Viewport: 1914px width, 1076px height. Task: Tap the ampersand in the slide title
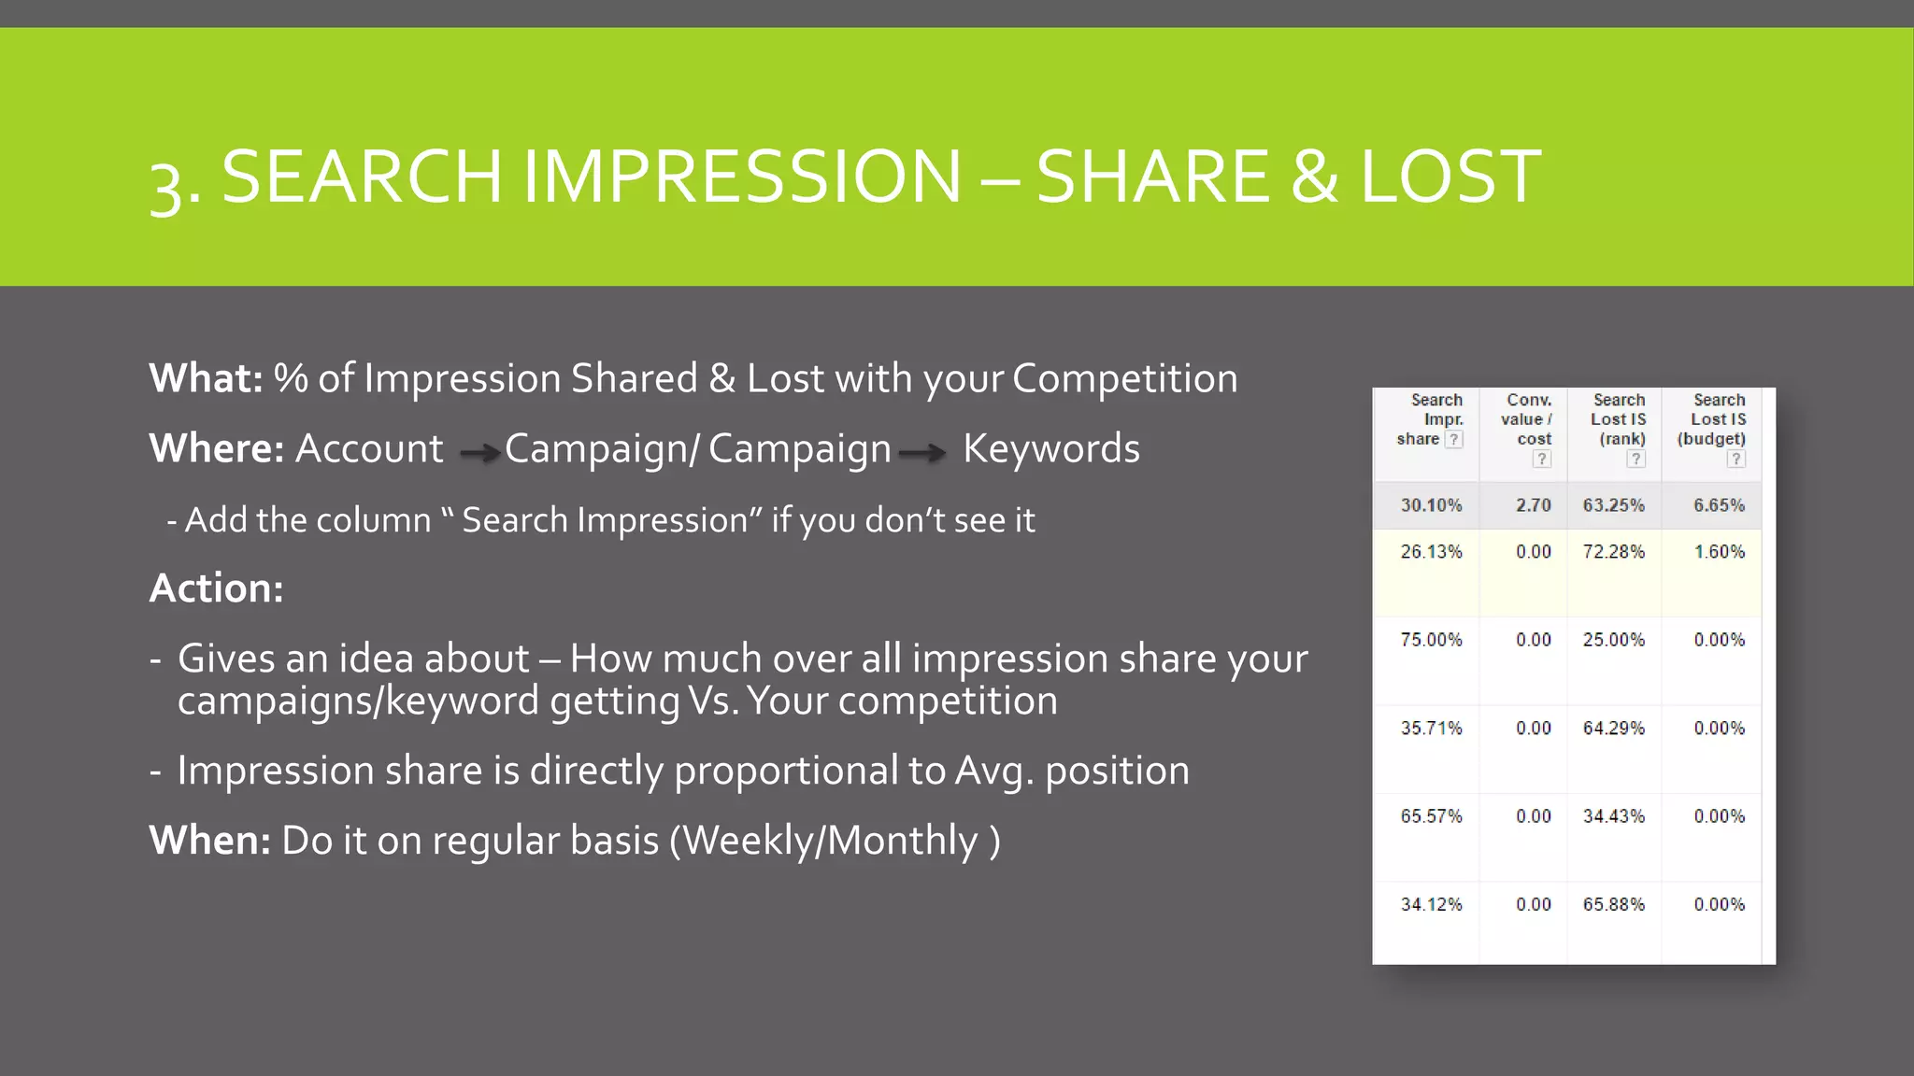tap(1315, 177)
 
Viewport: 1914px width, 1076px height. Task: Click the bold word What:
tap(206, 378)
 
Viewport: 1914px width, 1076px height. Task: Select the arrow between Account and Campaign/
tap(480, 453)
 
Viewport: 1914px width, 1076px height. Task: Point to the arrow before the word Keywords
tap(922, 453)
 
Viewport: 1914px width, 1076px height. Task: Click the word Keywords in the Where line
tap(1051, 448)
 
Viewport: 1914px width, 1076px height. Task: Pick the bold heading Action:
tap(216, 588)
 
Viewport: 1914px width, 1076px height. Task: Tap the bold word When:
tap(210, 840)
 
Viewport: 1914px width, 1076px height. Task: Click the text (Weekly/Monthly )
tap(835, 840)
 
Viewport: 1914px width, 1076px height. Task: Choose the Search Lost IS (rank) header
tap(1619, 419)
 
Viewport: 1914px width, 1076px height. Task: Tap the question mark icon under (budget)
tap(1735, 459)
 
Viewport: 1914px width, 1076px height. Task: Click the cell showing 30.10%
tap(1431, 505)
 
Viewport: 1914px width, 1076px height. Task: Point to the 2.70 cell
tap(1533, 505)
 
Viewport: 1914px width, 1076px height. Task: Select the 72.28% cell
tap(1613, 552)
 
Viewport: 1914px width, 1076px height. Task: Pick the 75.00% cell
tap(1431, 640)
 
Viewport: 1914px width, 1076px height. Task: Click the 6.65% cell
tap(1719, 505)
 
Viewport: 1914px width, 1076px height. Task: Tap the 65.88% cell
tap(1613, 904)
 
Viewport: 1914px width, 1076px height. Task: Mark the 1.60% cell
tap(1719, 552)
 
